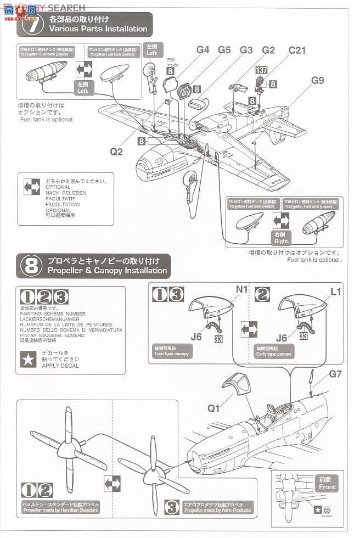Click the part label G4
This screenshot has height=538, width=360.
[x=203, y=50]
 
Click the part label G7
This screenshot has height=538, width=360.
[x=336, y=390]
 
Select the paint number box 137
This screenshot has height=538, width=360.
[x=262, y=70]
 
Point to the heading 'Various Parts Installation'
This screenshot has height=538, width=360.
[x=98, y=29]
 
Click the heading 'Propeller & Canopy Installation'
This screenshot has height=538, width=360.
[x=108, y=271]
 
